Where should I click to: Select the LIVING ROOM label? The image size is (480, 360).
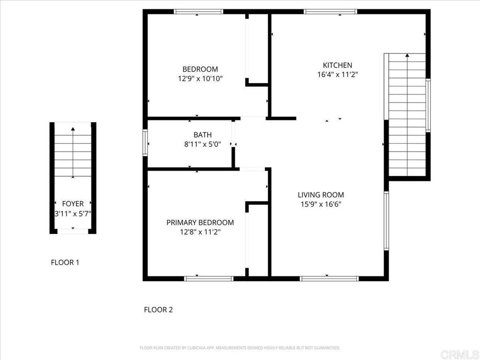(x=321, y=195)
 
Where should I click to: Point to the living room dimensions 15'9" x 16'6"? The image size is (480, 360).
(x=321, y=204)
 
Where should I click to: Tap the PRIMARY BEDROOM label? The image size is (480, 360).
(x=200, y=222)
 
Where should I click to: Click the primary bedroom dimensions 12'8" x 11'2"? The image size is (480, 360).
(x=200, y=231)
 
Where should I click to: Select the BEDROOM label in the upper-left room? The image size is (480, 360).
(x=200, y=69)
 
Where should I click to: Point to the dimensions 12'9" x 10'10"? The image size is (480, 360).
(x=200, y=78)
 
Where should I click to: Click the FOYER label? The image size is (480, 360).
(x=73, y=203)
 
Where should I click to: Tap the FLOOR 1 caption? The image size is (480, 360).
(x=65, y=262)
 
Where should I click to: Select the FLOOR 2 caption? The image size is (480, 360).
(x=158, y=309)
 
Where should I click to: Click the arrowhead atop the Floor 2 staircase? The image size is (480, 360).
(x=407, y=55)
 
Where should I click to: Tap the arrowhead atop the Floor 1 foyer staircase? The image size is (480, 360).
(x=73, y=127)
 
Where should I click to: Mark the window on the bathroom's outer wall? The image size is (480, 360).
(x=145, y=142)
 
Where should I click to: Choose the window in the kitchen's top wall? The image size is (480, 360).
(x=330, y=12)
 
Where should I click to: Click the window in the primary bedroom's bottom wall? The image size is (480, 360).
(x=209, y=278)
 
